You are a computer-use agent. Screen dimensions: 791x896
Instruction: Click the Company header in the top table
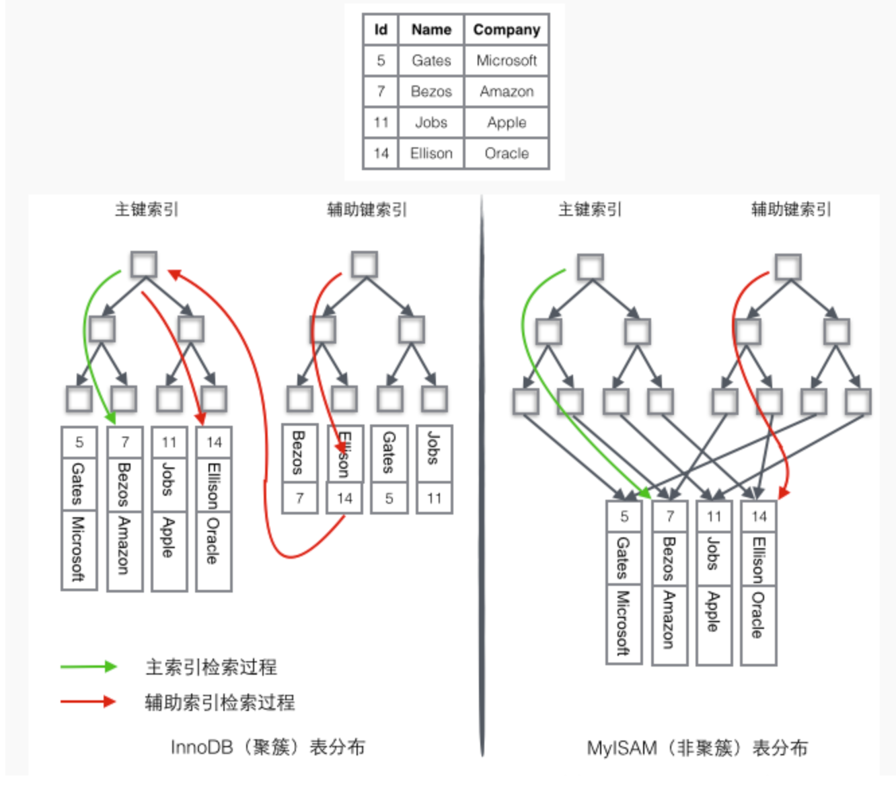[x=507, y=30]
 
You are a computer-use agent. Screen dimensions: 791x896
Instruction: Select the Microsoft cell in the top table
[x=507, y=61]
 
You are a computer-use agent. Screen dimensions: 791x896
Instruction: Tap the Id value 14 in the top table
[x=381, y=153]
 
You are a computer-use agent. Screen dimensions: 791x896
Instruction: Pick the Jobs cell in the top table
[x=431, y=122]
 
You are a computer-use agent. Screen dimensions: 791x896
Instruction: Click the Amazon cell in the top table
[x=507, y=91]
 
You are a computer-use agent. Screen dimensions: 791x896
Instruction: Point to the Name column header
[x=431, y=30]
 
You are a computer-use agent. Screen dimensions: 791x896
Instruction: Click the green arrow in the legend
[x=88, y=667]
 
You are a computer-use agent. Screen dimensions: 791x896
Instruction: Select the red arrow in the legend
[x=88, y=702]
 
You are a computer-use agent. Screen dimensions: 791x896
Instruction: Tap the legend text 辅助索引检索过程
[x=220, y=702]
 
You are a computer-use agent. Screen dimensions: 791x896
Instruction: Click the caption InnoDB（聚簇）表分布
[x=268, y=747]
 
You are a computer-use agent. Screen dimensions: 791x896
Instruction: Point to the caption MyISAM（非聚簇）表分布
[x=697, y=748]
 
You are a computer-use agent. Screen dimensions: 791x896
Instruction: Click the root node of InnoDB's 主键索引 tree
[x=144, y=264]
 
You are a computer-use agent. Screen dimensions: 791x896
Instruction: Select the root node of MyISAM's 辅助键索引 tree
[x=788, y=267]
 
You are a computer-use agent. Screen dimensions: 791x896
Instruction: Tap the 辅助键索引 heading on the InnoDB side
[x=367, y=210]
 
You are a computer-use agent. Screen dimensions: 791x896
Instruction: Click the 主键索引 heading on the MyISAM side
[x=590, y=210]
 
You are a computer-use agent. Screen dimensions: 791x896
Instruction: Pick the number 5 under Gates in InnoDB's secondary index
[x=389, y=498]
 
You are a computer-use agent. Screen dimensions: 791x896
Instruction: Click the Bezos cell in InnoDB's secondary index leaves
[x=299, y=453]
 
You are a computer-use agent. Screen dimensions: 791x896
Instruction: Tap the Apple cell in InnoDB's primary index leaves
[x=169, y=538]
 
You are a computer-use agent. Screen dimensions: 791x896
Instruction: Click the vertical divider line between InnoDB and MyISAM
[x=482, y=471]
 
